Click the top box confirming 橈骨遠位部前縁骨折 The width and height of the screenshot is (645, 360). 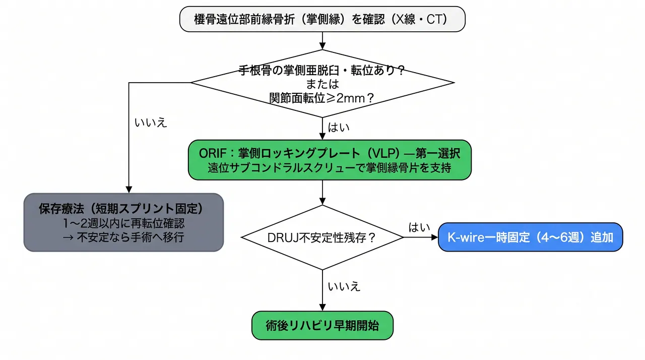pos(322,19)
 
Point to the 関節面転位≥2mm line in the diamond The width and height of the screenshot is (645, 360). pos(321,98)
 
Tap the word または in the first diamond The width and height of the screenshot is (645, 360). pos(322,84)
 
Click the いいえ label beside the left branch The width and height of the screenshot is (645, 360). pos(151,123)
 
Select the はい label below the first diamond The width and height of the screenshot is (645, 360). pos(339,127)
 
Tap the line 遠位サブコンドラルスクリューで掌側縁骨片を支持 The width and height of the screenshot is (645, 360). pos(330,168)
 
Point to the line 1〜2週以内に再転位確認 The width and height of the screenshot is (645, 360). pos(123,223)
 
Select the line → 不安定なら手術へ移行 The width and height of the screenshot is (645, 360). pos(123,237)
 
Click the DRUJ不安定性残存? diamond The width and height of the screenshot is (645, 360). pos(322,237)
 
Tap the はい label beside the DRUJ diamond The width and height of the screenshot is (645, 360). pos(419,227)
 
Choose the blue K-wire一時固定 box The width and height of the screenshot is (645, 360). pos(531,237)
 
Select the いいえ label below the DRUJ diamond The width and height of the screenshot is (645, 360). pos(344,286)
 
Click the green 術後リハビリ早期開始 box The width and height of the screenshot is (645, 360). pos(322,325)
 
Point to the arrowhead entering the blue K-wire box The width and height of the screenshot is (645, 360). pos(435,237)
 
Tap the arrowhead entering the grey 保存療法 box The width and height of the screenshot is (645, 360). pos(128,190)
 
